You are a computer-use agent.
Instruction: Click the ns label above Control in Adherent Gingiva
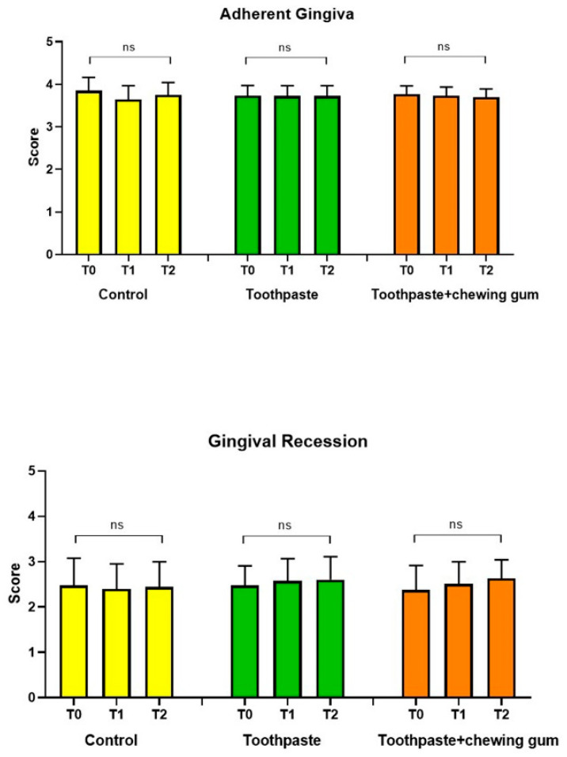pos(129,47)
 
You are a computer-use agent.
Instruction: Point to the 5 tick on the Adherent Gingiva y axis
pos(51,41)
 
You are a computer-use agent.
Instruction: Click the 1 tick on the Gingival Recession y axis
pos(34,652)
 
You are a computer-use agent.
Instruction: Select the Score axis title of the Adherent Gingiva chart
pos(33,149)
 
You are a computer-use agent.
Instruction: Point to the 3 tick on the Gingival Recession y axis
pos(34,561)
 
